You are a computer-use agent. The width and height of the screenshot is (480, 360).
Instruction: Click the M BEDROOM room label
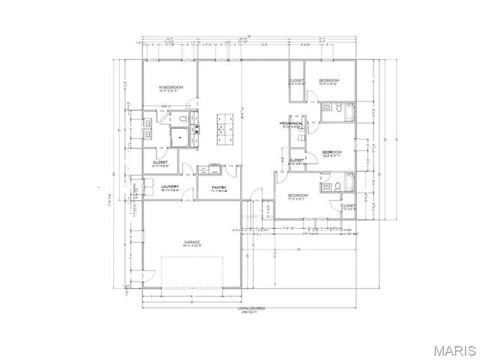(x=172, y=88)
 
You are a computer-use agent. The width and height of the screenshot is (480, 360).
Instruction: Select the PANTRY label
(x=219, y=187)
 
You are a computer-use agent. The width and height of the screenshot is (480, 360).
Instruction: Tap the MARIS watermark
(x=450, y=348)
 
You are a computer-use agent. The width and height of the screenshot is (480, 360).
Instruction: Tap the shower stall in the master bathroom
(x=180, y=138)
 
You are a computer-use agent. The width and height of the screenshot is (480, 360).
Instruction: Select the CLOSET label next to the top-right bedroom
(x=297, y=80)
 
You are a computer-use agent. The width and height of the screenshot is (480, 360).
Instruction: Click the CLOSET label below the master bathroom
(x=160, y=161)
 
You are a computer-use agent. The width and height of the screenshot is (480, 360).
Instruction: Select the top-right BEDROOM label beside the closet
(x=328, y=80)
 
